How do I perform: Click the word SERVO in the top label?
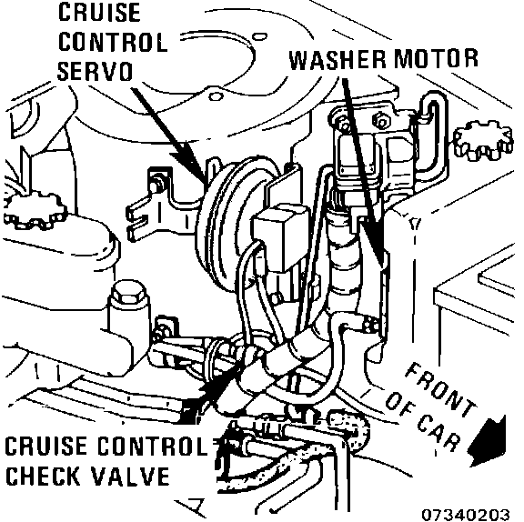(95, 71)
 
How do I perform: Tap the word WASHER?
(338, 60)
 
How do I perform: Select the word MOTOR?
(436, 59)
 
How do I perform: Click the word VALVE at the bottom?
(130, 476)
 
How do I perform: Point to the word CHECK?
(44, 476)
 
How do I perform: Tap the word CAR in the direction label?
(438, 433)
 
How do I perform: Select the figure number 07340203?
(465, 515)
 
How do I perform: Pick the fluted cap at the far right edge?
(483, 140)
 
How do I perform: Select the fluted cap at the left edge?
(34, 210)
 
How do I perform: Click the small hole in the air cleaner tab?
(216, 96)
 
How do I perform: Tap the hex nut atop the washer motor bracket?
(381, 121)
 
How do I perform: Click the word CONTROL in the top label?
(113, 42)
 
